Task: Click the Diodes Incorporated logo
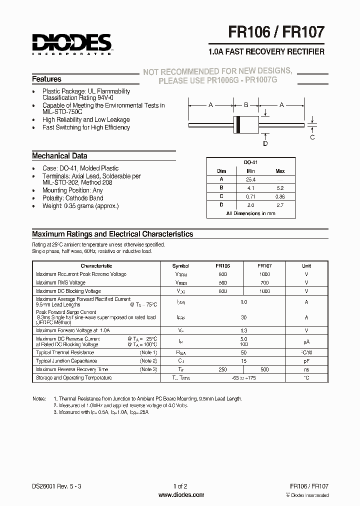[x=72, y=43]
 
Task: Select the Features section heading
[x=46, y=79]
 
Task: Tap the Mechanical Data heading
[x=59, y=155]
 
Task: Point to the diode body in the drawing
[x=246, y=121]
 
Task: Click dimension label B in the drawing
[x=246, y=105]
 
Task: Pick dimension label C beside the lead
[x=312, y=137]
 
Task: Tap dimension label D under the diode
[x=265, y=144]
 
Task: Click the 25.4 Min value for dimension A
[x=251, y=179]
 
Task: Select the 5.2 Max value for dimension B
[x=280, y=188]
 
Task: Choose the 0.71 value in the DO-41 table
[x=251, y=196]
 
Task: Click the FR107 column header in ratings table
[x=264, y=266]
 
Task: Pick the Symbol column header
[x=180, y=266]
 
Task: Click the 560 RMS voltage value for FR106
[x=222, y=282]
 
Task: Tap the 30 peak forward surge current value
[x=243, y=317]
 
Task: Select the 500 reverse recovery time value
[x=264, y=369]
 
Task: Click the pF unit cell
[x=306, y=360]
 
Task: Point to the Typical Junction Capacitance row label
[x=66, y=360]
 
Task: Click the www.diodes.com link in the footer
[x=180, y=495]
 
